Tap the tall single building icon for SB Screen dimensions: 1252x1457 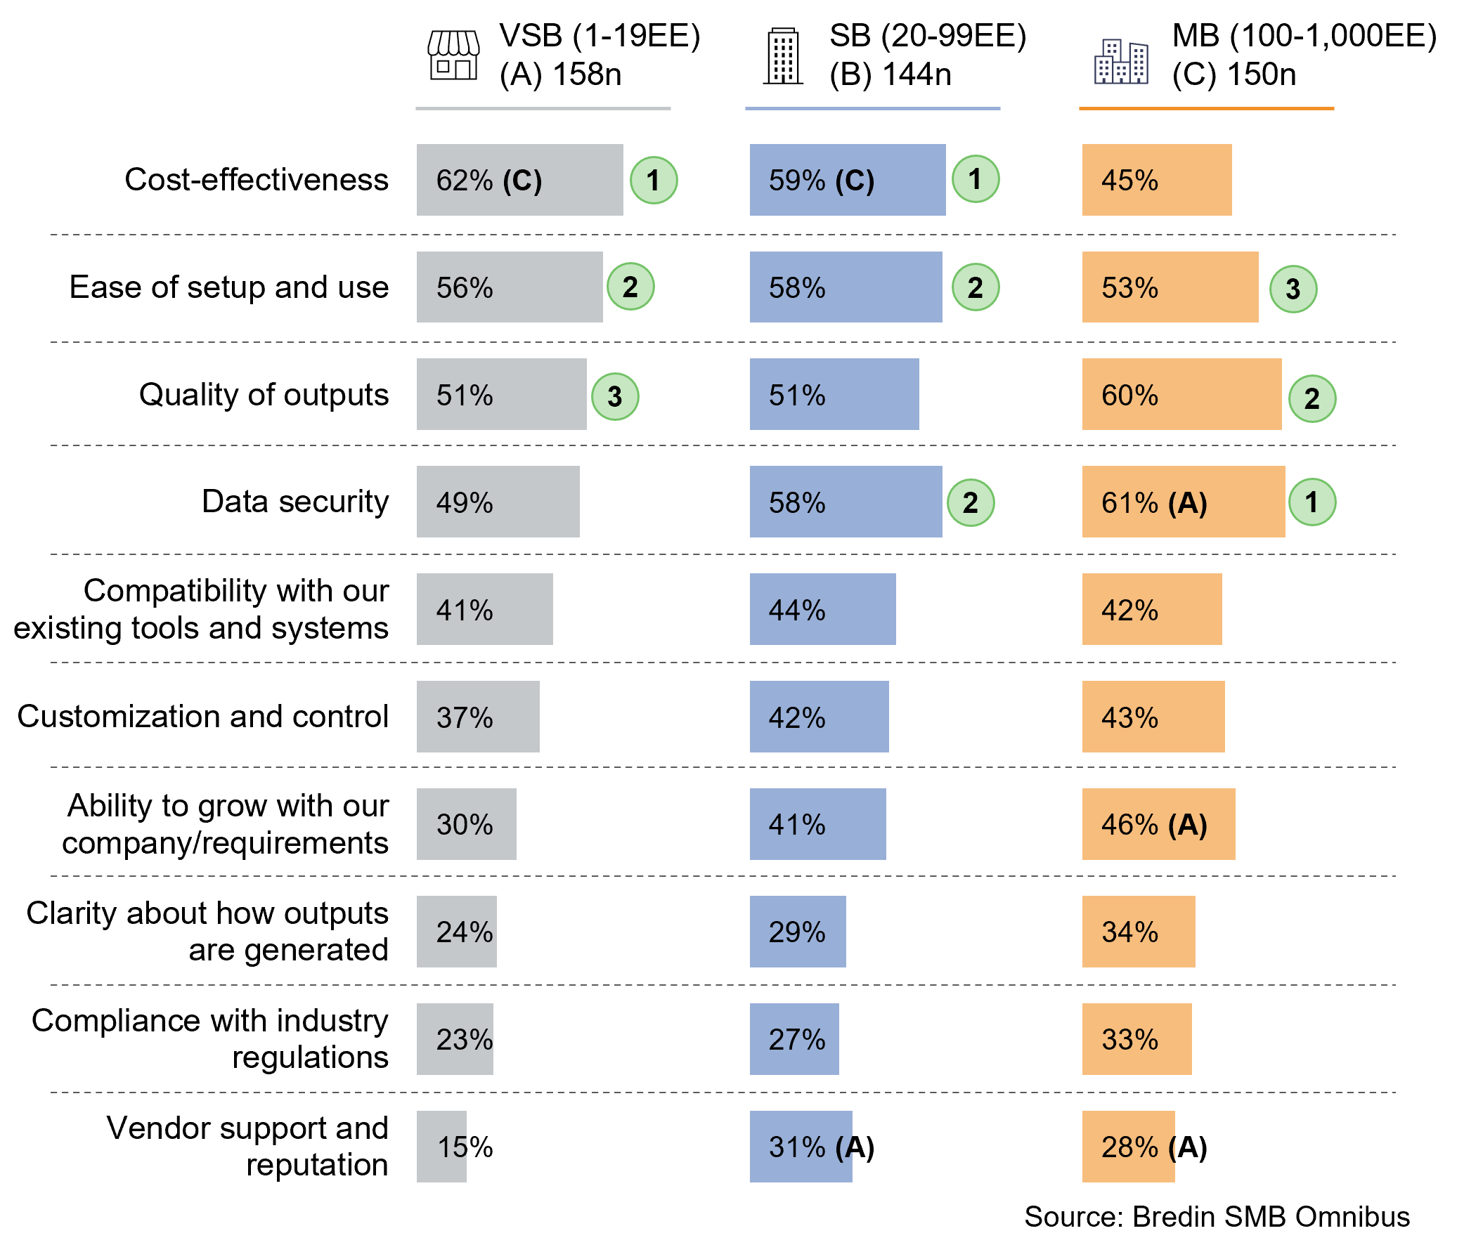point(784,56)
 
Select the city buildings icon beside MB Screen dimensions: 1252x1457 point(1121,62)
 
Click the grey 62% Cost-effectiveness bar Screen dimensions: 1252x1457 point(519,180)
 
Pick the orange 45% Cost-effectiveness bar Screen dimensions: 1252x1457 point(1156,180)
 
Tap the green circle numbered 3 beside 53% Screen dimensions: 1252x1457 point(1293,289)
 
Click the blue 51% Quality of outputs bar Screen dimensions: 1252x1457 point(834,394)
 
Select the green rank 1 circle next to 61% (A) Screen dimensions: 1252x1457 point(1312,502)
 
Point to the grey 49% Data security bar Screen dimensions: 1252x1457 point(497,502)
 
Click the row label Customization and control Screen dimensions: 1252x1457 point(202,717)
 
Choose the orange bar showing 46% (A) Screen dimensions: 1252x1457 point(1158,824)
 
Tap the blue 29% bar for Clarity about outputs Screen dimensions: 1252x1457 point(797,932)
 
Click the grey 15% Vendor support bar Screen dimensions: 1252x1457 point(441,1147)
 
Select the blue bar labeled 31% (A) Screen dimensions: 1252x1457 point(801,1147)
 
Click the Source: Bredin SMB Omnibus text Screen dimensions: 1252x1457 point(1217,1217)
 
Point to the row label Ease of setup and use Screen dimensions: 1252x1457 point(228,287)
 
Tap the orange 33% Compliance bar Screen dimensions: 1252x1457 point(1136,1039)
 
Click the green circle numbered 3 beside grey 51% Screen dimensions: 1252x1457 point(614,396)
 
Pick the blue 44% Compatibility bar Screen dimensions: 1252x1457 point(822,609)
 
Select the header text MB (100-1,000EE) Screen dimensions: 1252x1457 point(1304,36)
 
